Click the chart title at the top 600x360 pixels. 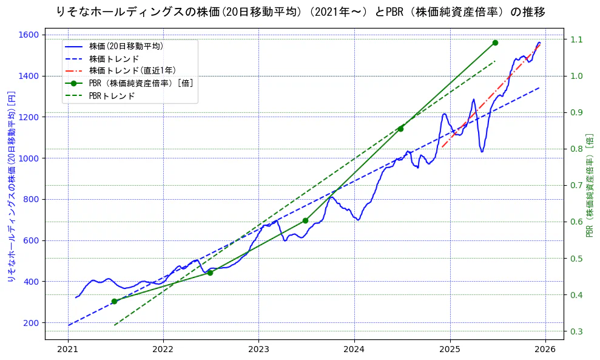pyautogui.click(x=300, y=12)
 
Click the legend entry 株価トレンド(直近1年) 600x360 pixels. pyautogui.click(x=132, y=70)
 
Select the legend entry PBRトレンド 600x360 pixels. pyautogui.click(x=112, y=96)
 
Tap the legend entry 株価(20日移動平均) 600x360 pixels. pyautogui.click(x=126, y=46)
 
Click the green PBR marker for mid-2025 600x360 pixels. pyautogui.click(x=495, y=42)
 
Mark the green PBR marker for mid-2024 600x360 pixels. pyautogui.click(x=400, y=129)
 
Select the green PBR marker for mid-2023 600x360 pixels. pyautogui.click(x=305, y=220)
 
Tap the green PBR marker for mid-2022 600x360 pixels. pyautogui.click(x=210, y=273)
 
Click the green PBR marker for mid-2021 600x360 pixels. pyautogui.click(x=114, y=301)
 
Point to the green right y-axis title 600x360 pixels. pyautogui.click(x=590, y=185)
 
